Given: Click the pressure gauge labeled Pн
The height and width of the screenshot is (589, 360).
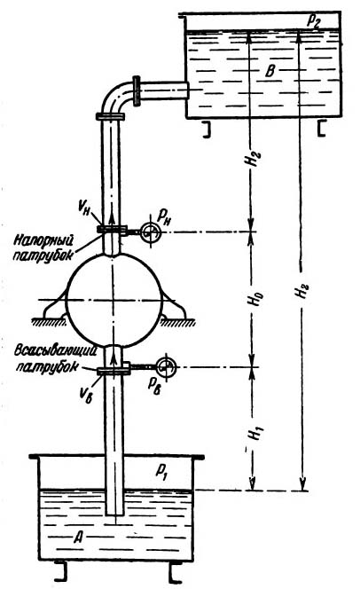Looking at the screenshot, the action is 151,233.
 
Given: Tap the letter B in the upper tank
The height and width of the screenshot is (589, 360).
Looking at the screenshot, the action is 270,71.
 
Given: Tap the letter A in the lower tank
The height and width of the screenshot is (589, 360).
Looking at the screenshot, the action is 78,538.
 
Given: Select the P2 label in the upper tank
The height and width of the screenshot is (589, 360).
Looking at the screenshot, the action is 314,20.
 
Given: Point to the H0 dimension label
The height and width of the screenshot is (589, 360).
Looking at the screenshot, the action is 257,300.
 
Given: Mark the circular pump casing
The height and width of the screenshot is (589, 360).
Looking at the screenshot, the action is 113,300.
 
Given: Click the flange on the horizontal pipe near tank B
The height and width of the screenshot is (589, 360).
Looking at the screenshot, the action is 137,90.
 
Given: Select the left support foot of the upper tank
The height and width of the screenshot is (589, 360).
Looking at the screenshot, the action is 207,130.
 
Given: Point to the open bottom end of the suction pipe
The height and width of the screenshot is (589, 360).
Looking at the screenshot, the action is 115,514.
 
